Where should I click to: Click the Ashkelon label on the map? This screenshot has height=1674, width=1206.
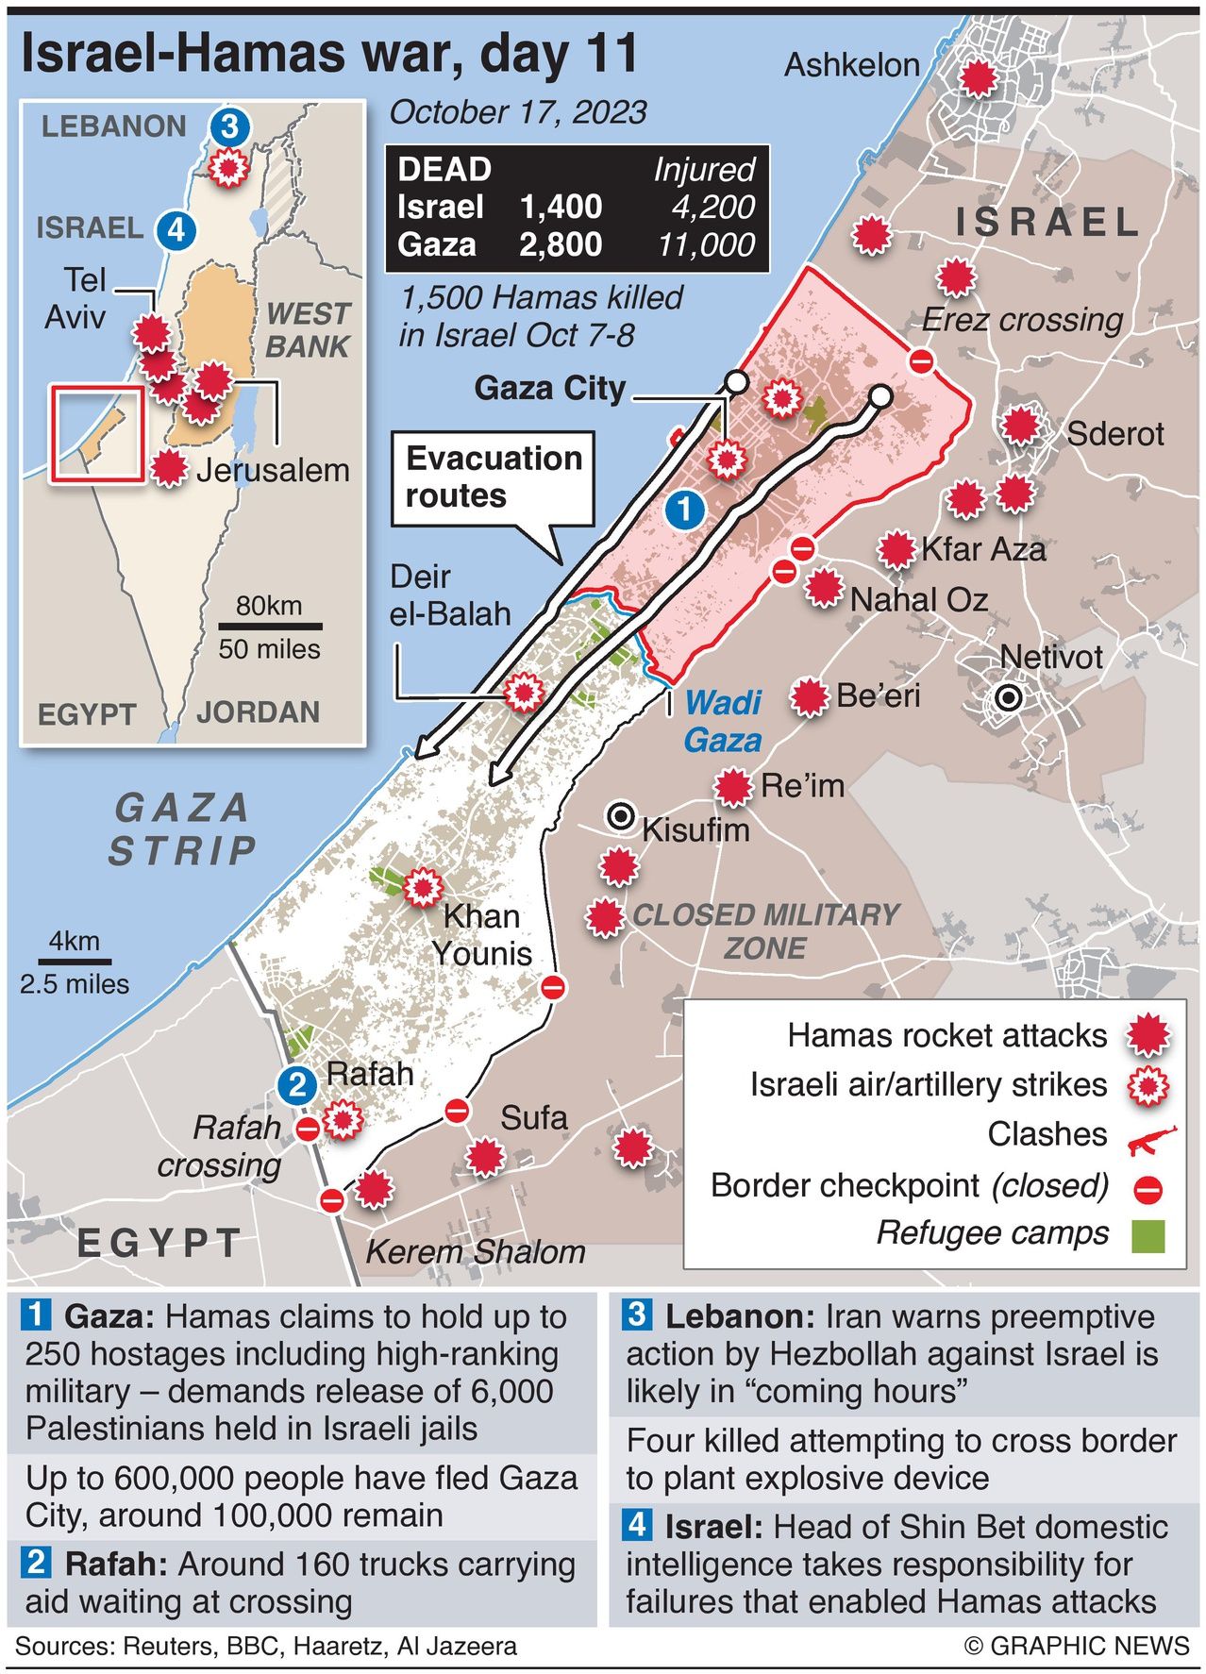click(x=851, y=65)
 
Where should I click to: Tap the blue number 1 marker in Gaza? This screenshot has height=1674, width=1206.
click(x=684, y=511)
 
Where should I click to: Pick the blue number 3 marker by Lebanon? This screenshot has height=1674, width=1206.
click(x=230, y=126)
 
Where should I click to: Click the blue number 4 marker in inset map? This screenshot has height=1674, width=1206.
click(x=176, y=229)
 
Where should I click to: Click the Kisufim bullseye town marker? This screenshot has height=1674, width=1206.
click(x=621, y=816)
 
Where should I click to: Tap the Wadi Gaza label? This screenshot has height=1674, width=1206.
click(x=723, y=721)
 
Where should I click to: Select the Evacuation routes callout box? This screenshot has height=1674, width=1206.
click(x=493, y=478)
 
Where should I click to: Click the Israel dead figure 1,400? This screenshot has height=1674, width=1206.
click(x=561, y=207)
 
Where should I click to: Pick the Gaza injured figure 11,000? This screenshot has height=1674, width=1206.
click(x=707, y=245)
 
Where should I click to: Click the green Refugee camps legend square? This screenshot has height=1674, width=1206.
click(x=1147, y=1235)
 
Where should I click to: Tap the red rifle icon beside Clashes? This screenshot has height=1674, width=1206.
click(x=1151, y=1140)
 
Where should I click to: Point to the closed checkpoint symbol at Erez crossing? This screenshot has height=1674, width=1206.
click(x=921, y=360)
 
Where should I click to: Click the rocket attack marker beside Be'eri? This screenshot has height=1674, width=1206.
click(x=808, y=697)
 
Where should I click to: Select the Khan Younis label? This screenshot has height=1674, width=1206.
click(x=482, y=934)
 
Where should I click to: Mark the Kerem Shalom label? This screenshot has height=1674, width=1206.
click(x=475, y=1252)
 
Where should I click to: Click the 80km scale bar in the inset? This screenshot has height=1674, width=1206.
click(x=270, y=626)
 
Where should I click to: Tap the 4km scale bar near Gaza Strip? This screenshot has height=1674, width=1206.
click(x=75, y=962)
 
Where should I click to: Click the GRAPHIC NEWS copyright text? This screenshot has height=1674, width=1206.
click(x=1077, y=1646)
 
